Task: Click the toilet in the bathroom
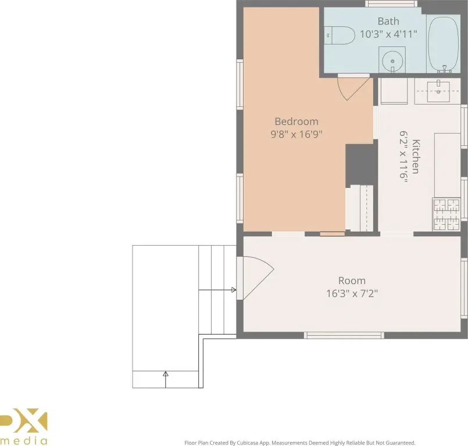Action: (x=340, y=35)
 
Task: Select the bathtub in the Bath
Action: (x=443, y=44)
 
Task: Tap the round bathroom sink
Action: (x=392, y=61)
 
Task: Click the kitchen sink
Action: (x=438, y=91)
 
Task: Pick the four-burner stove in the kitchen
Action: (x=446, y=214)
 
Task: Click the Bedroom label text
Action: (x=296, y=121)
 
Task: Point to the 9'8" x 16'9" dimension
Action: (x=296, y=135)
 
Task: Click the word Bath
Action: (x=388, y=21)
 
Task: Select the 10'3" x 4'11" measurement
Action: (x=388, y=34)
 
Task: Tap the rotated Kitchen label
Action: (x=416, y=156)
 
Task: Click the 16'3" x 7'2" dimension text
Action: (x=352, y=294)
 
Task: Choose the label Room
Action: (x=352, y=280)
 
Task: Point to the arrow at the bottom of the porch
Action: (x=166, y=380)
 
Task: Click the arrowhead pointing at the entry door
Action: (x=234, y=290)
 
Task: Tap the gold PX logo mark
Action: (x=23, y=420)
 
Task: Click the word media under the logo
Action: (x=23, y=441)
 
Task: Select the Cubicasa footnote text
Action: (x=299, y=443)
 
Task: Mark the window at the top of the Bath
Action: (x=391, y=3)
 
